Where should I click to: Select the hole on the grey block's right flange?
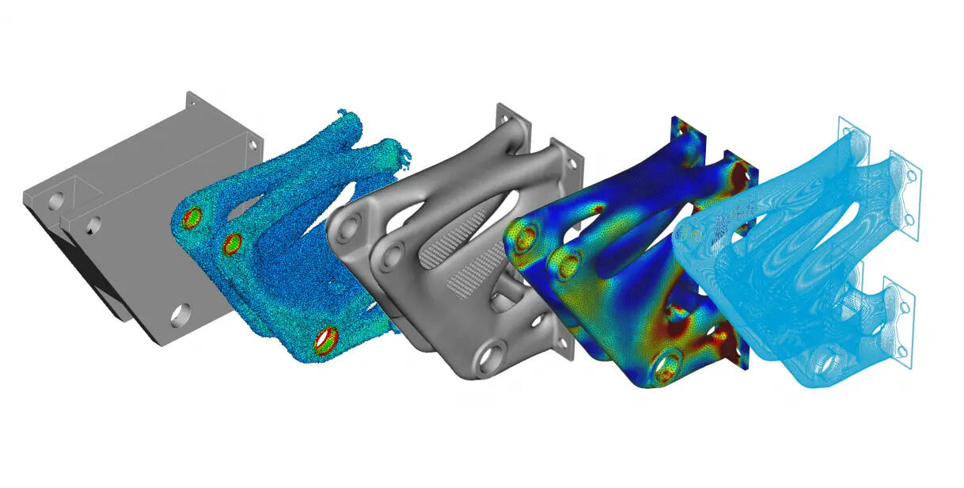point(252,146)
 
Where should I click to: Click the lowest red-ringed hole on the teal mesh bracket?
point(324,340)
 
